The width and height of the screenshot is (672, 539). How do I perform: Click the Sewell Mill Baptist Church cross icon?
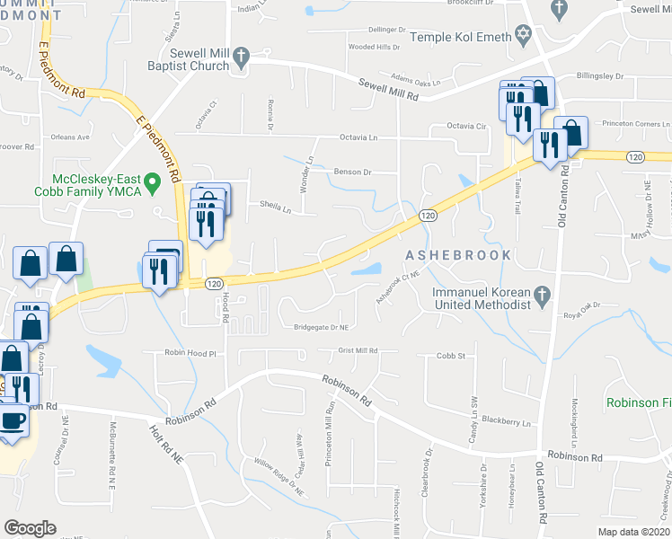(240, 57)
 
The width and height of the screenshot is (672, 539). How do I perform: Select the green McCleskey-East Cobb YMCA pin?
(152, 185)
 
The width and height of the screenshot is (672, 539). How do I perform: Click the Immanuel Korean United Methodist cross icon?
(541, 294)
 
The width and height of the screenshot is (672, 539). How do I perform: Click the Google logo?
(30, 527)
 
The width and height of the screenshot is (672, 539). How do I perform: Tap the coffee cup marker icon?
(10, 420)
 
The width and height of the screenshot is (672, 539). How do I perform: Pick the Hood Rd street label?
(225, 307)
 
